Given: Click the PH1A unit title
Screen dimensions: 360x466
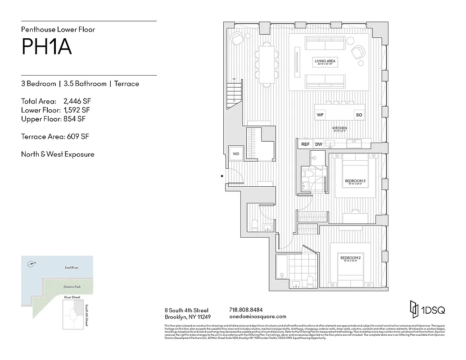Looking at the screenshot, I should point(46,47).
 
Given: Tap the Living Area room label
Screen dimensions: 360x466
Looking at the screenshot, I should point(325,61).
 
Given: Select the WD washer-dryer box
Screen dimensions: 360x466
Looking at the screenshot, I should point(235,153).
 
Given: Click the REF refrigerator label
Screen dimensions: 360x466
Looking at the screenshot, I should point(305,144).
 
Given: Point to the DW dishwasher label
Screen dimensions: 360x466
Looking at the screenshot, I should point(319,144).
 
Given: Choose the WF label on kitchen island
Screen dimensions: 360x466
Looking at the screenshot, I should point(320,115).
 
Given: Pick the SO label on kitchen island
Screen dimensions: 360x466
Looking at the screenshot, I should point(359,115).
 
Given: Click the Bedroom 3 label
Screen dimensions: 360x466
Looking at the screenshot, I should point(355,181).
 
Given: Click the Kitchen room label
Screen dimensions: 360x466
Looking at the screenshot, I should point(339,128).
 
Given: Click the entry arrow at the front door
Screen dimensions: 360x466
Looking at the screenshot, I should point(222,176).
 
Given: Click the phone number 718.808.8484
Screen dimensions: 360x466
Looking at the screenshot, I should point(246,310).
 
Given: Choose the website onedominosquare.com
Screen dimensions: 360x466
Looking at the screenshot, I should point(258,316).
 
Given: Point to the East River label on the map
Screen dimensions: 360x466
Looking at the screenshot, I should point(72,268).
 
